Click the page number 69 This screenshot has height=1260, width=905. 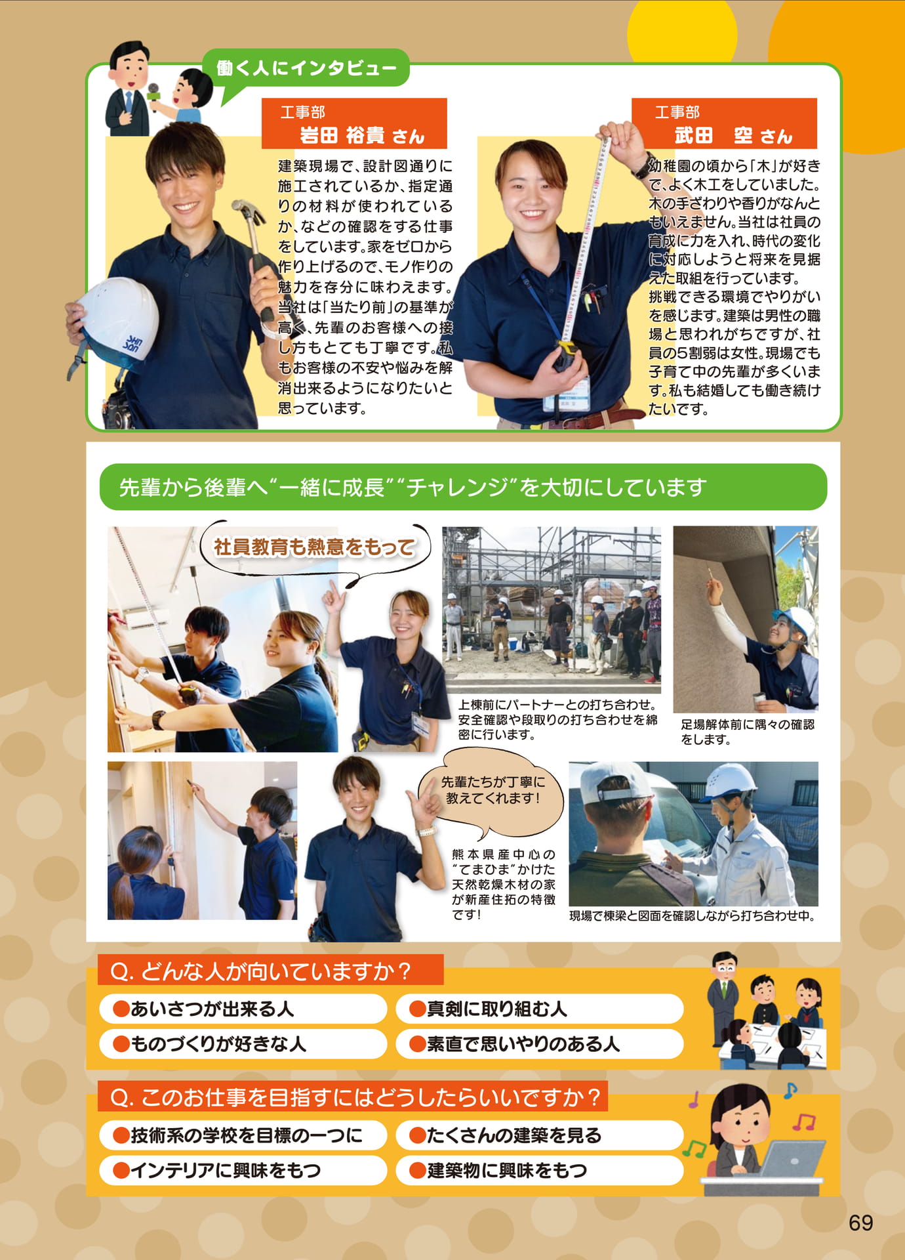coord(860,1223)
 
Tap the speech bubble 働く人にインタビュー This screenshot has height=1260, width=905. coord(306,68)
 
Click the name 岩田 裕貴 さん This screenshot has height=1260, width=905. coord(362,136)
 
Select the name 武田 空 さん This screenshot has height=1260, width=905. coord(733,136)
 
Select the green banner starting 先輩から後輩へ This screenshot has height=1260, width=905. coord(463,487)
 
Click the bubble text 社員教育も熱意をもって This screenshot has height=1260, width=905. coord(314,547)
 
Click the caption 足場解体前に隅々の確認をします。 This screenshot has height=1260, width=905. coord(747,732)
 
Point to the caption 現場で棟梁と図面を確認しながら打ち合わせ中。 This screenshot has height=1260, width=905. coord(692,915)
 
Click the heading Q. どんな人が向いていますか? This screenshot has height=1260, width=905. coord(260,971)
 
